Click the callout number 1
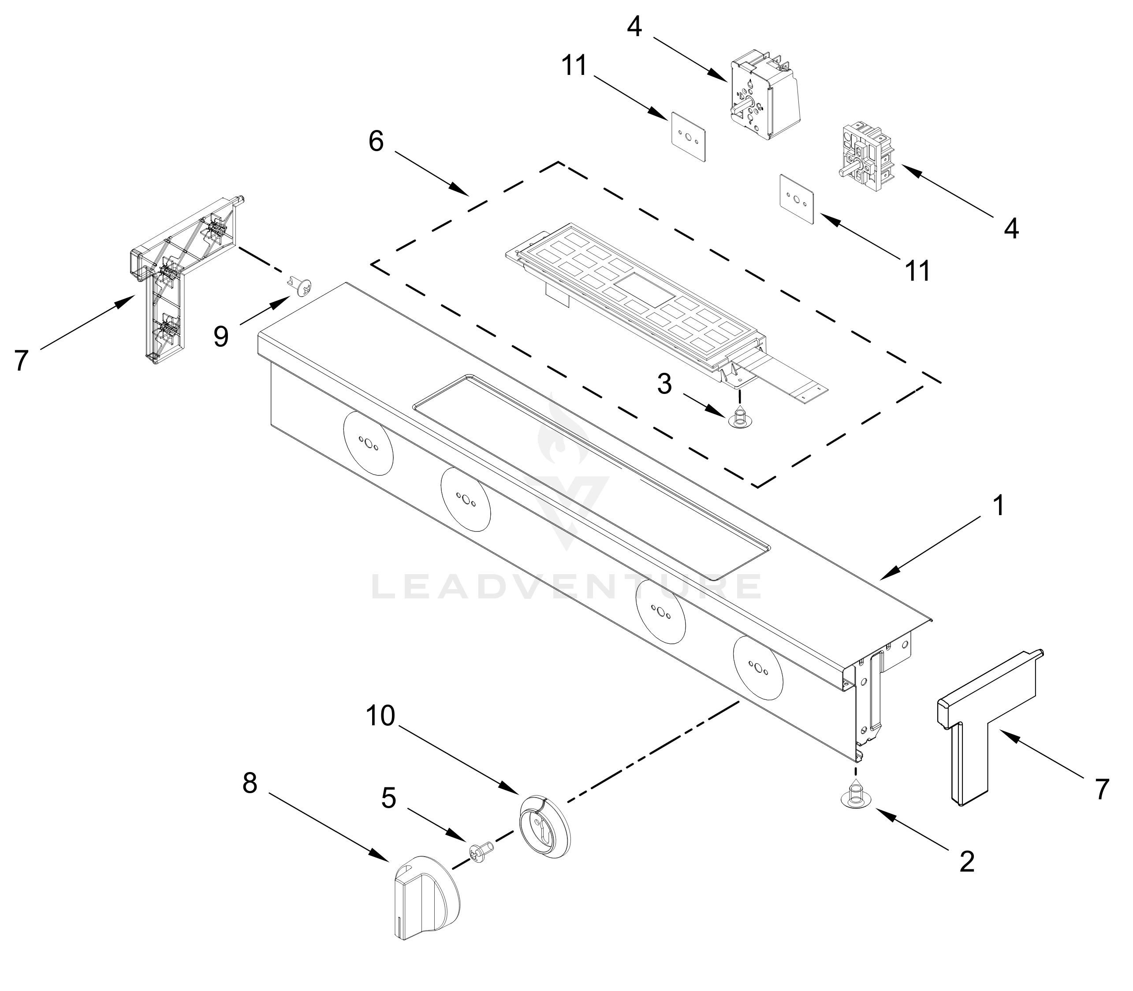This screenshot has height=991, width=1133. tap(999, 506)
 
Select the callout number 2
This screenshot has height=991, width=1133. tap(966, 861)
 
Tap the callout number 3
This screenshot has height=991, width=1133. tap(664, 383)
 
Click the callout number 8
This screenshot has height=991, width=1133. tap(250, 783)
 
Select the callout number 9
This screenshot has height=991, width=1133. tap(221, 336)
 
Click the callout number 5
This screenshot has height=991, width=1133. tap(388, 798)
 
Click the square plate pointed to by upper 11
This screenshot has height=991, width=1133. tap(689, 137)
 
